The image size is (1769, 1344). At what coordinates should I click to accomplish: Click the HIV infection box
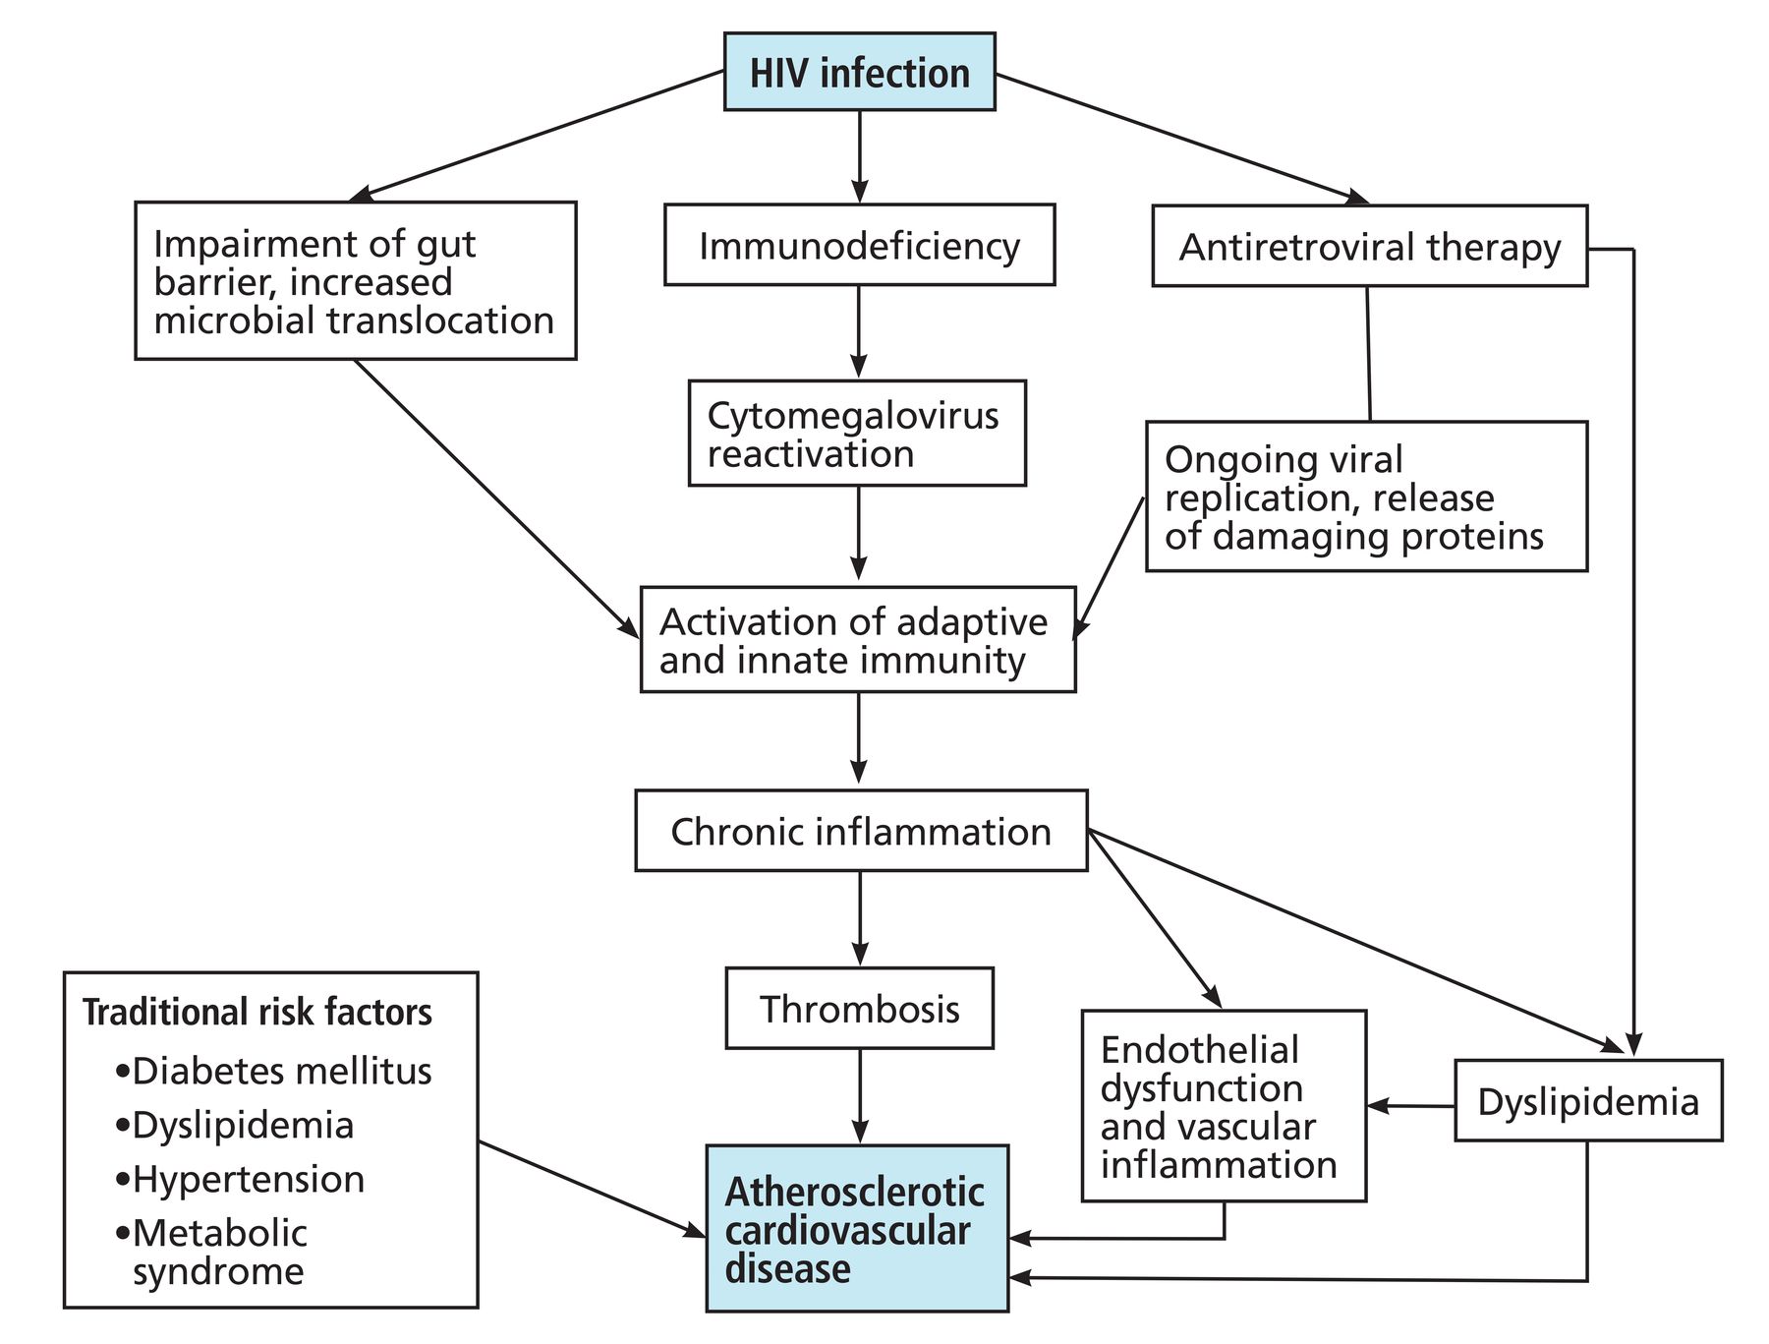(x=860, y=72)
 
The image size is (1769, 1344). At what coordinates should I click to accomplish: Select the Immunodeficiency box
(x=860, y=245)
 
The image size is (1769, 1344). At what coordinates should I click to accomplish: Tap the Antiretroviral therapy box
(x=1370, y=246)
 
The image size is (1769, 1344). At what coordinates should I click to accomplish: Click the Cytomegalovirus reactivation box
(x=857, y=434)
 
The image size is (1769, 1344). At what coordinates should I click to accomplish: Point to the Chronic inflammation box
(x=861, y=831)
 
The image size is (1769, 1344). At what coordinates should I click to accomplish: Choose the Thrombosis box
(x=860, y=1009)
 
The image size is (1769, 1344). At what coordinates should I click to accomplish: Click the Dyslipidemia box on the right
(x=1588, y=1100)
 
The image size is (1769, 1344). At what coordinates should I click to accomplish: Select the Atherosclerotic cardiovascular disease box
(x=857, y=1228)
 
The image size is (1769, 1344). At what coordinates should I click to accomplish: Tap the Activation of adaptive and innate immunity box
(x=858, y=640)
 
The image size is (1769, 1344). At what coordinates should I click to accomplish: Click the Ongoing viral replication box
(x=1366, y=497)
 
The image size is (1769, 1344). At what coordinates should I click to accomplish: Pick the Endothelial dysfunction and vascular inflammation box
(x=1224, y=1106)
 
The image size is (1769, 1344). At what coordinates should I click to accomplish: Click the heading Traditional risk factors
(x=257, y=1012)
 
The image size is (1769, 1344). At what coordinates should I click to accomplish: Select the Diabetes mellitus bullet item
(x=273, y=1071)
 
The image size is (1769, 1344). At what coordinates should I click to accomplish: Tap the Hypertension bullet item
(x=240, y=1179)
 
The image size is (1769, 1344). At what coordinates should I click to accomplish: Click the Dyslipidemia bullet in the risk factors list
(x=234, y=1126)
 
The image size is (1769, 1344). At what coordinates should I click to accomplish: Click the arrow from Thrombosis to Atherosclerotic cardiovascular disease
(x=860, y=1096)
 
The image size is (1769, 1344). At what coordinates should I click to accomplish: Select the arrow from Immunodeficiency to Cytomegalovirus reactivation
(x=860, y=332)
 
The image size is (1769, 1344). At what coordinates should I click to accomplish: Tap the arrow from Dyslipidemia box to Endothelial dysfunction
(x=1411, y=1106)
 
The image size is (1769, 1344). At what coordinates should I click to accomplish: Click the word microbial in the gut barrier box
(x=229, y=321)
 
